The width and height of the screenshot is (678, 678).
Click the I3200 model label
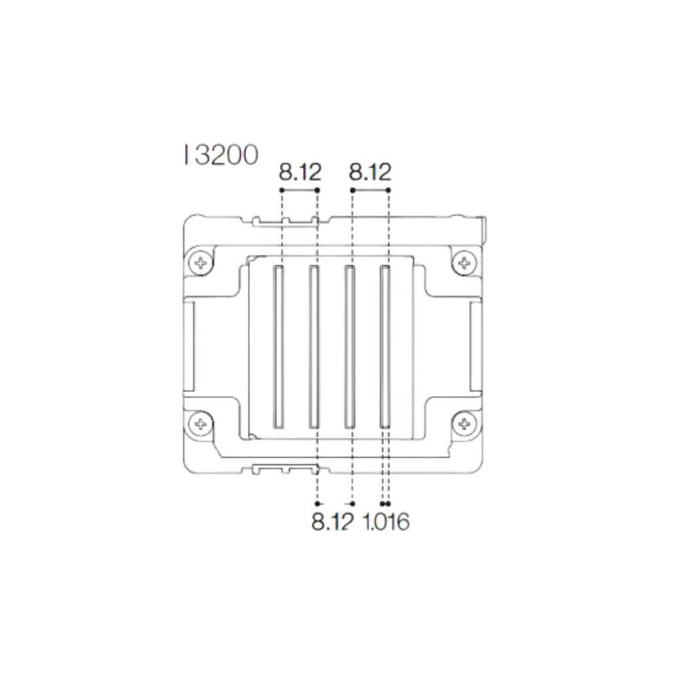220,155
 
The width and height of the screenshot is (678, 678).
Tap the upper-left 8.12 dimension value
300,173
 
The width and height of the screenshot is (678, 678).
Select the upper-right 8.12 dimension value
370,173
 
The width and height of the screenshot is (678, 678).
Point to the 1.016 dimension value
387,523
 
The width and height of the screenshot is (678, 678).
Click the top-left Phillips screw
201,261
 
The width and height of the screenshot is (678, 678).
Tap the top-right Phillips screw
464,261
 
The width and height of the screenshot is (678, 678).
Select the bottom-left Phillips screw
201,424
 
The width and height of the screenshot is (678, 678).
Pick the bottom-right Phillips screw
464,424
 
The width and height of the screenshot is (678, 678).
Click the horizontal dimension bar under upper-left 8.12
300,190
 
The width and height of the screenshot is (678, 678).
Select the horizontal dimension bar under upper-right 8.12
370,190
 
